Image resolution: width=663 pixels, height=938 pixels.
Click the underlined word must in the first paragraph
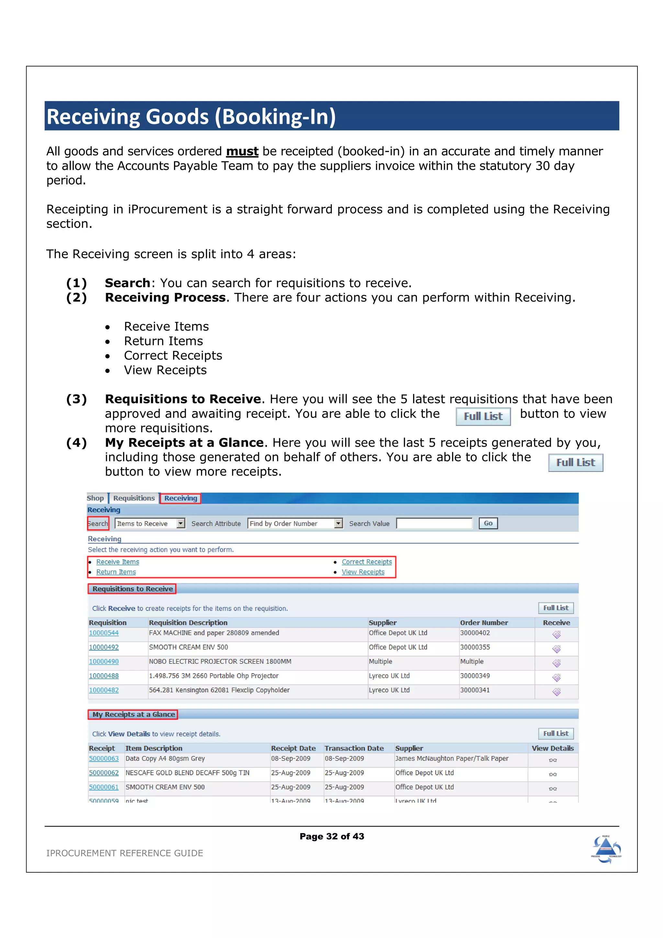pyautogui.click(x=242, y=151)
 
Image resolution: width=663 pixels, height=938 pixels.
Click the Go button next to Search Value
pyautogui.click(x=488, y=523)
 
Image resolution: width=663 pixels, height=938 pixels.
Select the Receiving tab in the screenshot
pyautogui.click(x=181, y=498)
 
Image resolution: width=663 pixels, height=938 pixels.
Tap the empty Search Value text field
pyautogui.click(x=434, y=523)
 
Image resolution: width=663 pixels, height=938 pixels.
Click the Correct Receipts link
pyautogui.click(x=366, y=562)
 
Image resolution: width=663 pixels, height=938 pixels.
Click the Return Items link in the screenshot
pyautogui.click(x=116, y=572)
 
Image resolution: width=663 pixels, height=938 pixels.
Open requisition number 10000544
pyautogui.click(x=104, y=633)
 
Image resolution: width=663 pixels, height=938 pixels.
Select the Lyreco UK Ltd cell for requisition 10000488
pyautogui.click(x=389, y=676)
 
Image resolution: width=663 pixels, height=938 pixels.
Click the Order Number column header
pyautogui.click(x=484, y=623)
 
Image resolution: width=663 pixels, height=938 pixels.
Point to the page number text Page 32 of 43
pyautogui.click(x=332, y=836)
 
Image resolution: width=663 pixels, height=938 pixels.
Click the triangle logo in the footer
pyautogui.click(x=606, y=849)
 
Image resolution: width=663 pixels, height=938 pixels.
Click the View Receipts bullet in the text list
pyautogui.click(x=165, y=370)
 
